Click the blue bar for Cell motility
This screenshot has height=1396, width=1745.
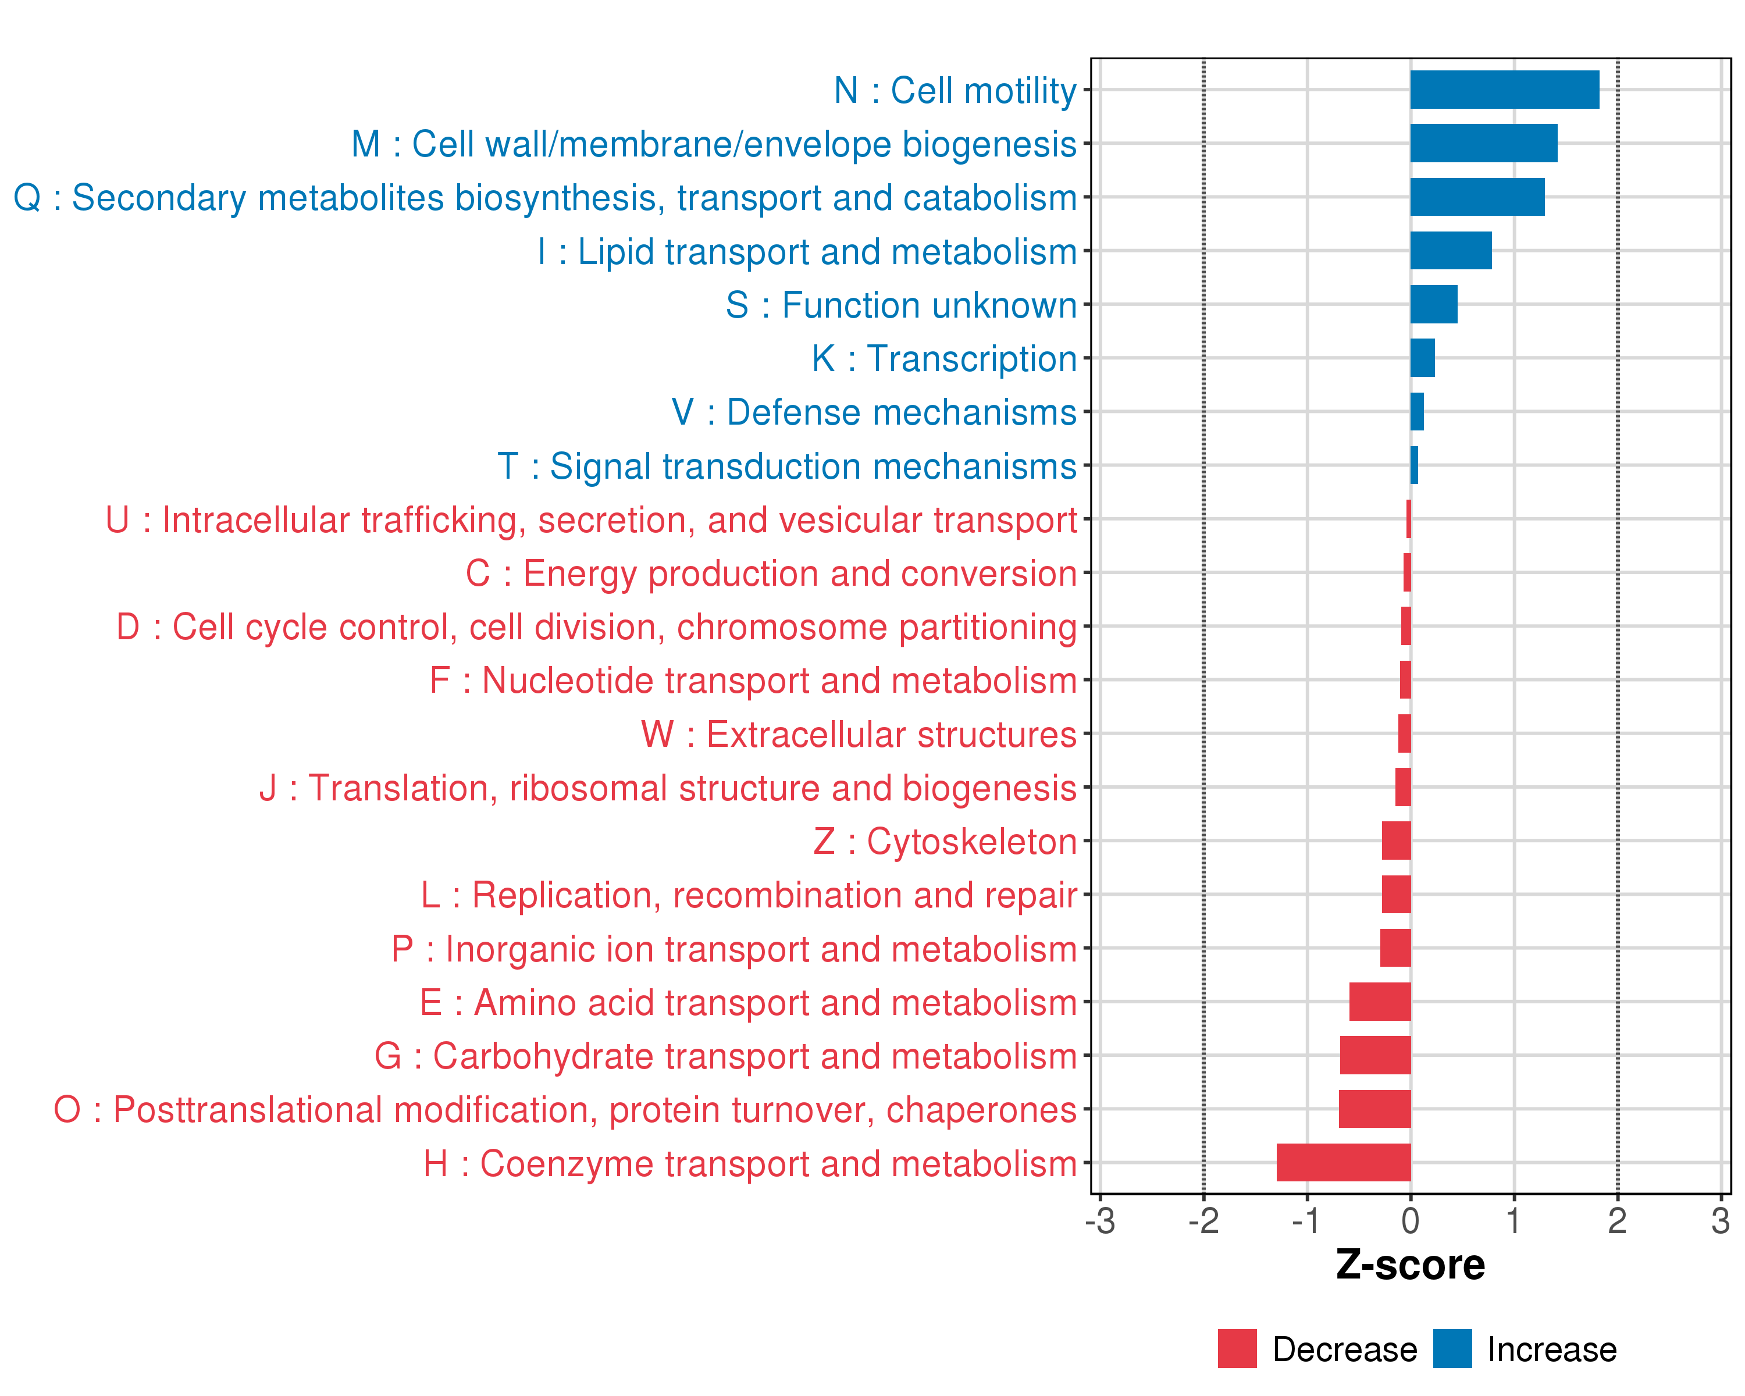point(1504,90)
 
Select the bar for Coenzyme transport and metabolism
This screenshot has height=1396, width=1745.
point(1344,1162)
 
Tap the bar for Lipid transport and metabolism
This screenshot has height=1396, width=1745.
point(1451,251)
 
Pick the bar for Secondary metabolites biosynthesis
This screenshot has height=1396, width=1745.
point(1477,197)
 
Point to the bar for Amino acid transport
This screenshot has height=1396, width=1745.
point(1379,1002)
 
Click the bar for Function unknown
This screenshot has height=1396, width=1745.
point(1433,304)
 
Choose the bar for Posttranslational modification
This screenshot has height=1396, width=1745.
point(1374,1109)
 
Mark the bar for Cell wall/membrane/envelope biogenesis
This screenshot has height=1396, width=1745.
point(1484,143)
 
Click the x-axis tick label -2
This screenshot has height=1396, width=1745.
point(1203,1221)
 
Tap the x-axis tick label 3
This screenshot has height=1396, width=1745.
point(1721,1221)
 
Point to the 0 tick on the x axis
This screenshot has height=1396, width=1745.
point(1410,1221)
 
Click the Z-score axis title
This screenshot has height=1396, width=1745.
point(1410,1265)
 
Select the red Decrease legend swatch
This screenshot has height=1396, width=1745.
point(1237,1349)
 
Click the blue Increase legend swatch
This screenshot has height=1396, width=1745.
point(1452,1349)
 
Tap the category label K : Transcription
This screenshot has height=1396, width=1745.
point(943,358)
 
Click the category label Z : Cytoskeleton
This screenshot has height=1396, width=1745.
point(945,842)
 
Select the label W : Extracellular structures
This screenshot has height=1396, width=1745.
point(858,734)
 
